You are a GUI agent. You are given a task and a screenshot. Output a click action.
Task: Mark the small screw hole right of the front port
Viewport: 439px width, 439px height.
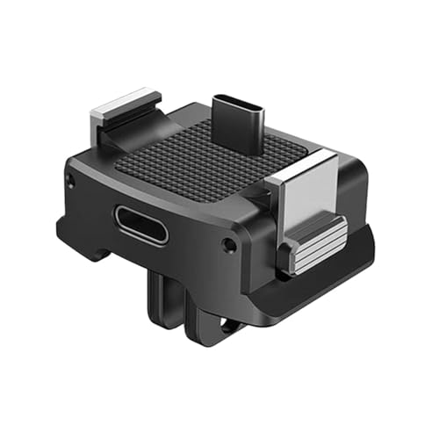[x=229, y=242]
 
